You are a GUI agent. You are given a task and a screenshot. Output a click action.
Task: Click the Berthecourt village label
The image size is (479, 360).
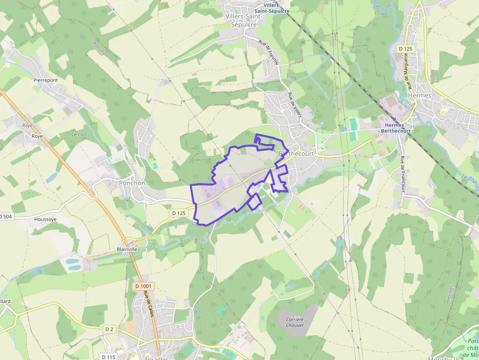pyautogui.click(x=296, y=153)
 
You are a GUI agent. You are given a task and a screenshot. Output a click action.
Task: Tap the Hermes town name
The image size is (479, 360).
pyautogui.click(x=419, y=95)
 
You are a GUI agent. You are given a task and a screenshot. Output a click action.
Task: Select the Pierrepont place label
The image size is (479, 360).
pyautogui.click(x=45, y=80)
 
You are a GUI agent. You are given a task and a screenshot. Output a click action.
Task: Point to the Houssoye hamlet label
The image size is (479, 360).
pyautogui.click(x=45, y=219)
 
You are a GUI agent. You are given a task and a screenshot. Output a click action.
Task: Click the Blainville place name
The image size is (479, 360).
pyautogui.click(x=127, y=249)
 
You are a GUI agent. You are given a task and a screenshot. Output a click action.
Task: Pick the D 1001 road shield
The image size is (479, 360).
pyautogui.click(x=143, y=286)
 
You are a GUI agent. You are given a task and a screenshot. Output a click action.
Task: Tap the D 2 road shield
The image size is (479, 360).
pyautogui.click(x=109, y=329)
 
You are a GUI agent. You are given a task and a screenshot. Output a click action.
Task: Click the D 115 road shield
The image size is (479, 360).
pyautogui.click(x=109, y=357)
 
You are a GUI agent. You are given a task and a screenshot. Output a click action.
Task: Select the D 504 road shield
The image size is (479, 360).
pyautogui.click(x=5, y=216)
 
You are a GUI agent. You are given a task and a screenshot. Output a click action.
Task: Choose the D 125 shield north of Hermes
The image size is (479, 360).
pyautogui.click(x=406, y=48)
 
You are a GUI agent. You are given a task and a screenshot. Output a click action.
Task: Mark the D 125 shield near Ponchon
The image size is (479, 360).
pyautogui.click(x=179, y=213)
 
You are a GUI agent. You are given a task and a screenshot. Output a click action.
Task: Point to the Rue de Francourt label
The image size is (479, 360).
pyautogui.click(x=403, y=173)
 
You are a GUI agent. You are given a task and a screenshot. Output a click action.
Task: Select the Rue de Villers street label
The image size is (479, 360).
pyautogui.click(x=294, y=105)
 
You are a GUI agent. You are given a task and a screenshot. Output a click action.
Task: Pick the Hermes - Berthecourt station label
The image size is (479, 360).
pyautogui.click(x=394, y=128)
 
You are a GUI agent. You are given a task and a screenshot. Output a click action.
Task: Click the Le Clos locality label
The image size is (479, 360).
pyautogui.click(x=79, y=134)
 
